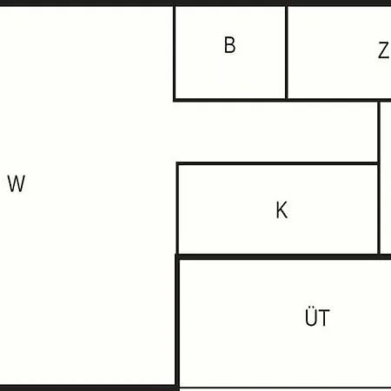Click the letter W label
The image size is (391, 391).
[17, 183]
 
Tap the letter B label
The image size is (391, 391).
[230, 45]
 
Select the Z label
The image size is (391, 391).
[383, 50]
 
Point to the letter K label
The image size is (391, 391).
[282, 209]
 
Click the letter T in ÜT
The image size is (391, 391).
[324, 318]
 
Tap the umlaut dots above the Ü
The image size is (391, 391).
[311, 308]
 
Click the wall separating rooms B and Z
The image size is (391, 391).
[287, 52]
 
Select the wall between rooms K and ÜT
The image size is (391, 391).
[283, 257]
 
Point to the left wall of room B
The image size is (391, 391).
[175, 52]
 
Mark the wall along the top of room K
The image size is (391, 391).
[277, 163]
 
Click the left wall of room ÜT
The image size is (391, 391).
[177, 322]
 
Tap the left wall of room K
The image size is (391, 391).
[177, 209]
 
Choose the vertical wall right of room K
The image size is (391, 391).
[379, 178]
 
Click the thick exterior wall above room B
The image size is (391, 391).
[230, 3]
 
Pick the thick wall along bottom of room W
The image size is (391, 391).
[88, 388]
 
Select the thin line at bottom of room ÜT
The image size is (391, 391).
[285, 388]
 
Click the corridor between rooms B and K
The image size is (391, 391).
[276, 132]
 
